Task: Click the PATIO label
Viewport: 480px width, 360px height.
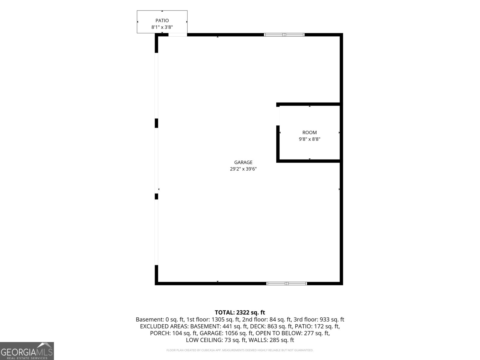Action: (162, 20)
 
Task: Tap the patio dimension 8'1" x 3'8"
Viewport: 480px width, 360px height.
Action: (162, 27)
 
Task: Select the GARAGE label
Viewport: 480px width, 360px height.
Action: (243, 162)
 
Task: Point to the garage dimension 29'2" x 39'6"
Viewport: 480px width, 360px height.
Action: (243, 169)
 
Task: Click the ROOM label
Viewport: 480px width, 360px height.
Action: (309, 133)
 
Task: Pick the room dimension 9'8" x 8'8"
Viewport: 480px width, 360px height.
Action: (309, 139)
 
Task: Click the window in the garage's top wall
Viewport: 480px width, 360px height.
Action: (284, 34)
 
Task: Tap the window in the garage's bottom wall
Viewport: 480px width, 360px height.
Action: (286, 283)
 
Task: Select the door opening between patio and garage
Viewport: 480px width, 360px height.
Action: (178, 34)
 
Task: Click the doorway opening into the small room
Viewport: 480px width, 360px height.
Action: (278, 116)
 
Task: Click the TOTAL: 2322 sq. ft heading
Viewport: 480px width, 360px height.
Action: (240, 312)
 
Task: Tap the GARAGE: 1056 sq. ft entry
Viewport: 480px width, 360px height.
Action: (226, 333)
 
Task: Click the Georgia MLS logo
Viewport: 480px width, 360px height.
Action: (27, 351)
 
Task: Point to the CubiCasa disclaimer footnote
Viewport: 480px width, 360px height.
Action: (240, 350)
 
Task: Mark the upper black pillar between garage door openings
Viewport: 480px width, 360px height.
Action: (156, 123)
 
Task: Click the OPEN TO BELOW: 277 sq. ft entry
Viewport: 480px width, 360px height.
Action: (292, 333)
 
